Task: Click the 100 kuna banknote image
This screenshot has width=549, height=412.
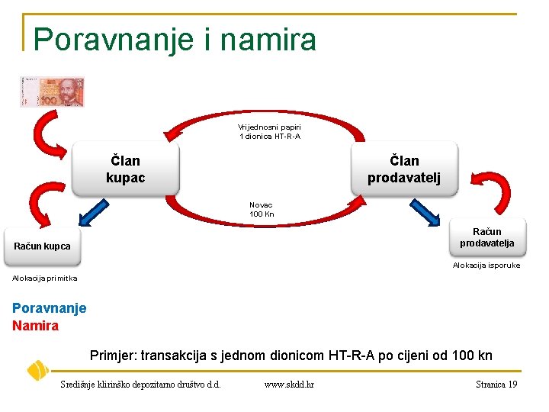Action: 52,92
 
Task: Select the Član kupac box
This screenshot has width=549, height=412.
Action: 125,169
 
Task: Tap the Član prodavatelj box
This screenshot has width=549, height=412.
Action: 403,169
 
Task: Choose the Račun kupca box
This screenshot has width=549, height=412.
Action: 43,246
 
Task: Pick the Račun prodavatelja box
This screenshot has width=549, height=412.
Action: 486,237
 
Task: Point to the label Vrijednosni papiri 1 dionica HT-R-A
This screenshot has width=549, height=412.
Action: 269,131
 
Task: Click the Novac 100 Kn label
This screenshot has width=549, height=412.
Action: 262,209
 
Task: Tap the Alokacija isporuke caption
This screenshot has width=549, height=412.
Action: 486,266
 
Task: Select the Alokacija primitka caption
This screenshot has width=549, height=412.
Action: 45,278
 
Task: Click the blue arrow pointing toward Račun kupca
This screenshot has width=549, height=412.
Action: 95,211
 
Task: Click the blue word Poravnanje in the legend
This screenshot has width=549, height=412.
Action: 50,308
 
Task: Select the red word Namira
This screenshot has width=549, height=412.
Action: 35,326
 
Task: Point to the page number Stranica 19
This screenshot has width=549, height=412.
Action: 496,385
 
